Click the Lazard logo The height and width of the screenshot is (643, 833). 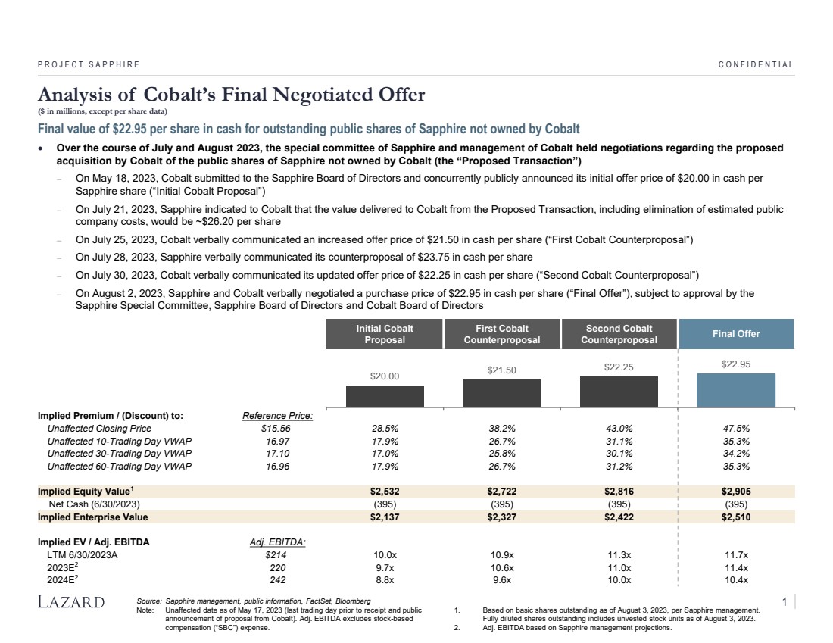click(71, 602)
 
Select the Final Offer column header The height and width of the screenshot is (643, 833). click(736, 334)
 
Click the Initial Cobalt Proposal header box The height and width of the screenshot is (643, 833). click(385, 334)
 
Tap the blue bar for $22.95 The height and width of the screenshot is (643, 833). click(736, 390)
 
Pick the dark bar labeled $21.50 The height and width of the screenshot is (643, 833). click(501, 393)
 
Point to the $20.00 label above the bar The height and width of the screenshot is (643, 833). click(385, 376)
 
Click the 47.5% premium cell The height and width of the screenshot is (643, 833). click(736, 428)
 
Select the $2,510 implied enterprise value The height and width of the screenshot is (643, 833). click(736, 517)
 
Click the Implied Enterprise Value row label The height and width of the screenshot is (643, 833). click(93, 517)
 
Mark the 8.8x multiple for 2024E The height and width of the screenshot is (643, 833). click(385, 580)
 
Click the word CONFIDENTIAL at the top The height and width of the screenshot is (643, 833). click(756, 64)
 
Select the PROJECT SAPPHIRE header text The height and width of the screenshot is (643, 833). click(89, 64)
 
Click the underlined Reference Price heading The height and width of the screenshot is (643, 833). click(277, 415)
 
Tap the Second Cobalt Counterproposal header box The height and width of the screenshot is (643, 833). click(619, 334)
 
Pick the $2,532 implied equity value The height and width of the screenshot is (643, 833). click(385, 491)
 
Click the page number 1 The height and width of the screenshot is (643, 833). click(785, 602)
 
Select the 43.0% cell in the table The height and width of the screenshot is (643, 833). click(619, 428)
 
